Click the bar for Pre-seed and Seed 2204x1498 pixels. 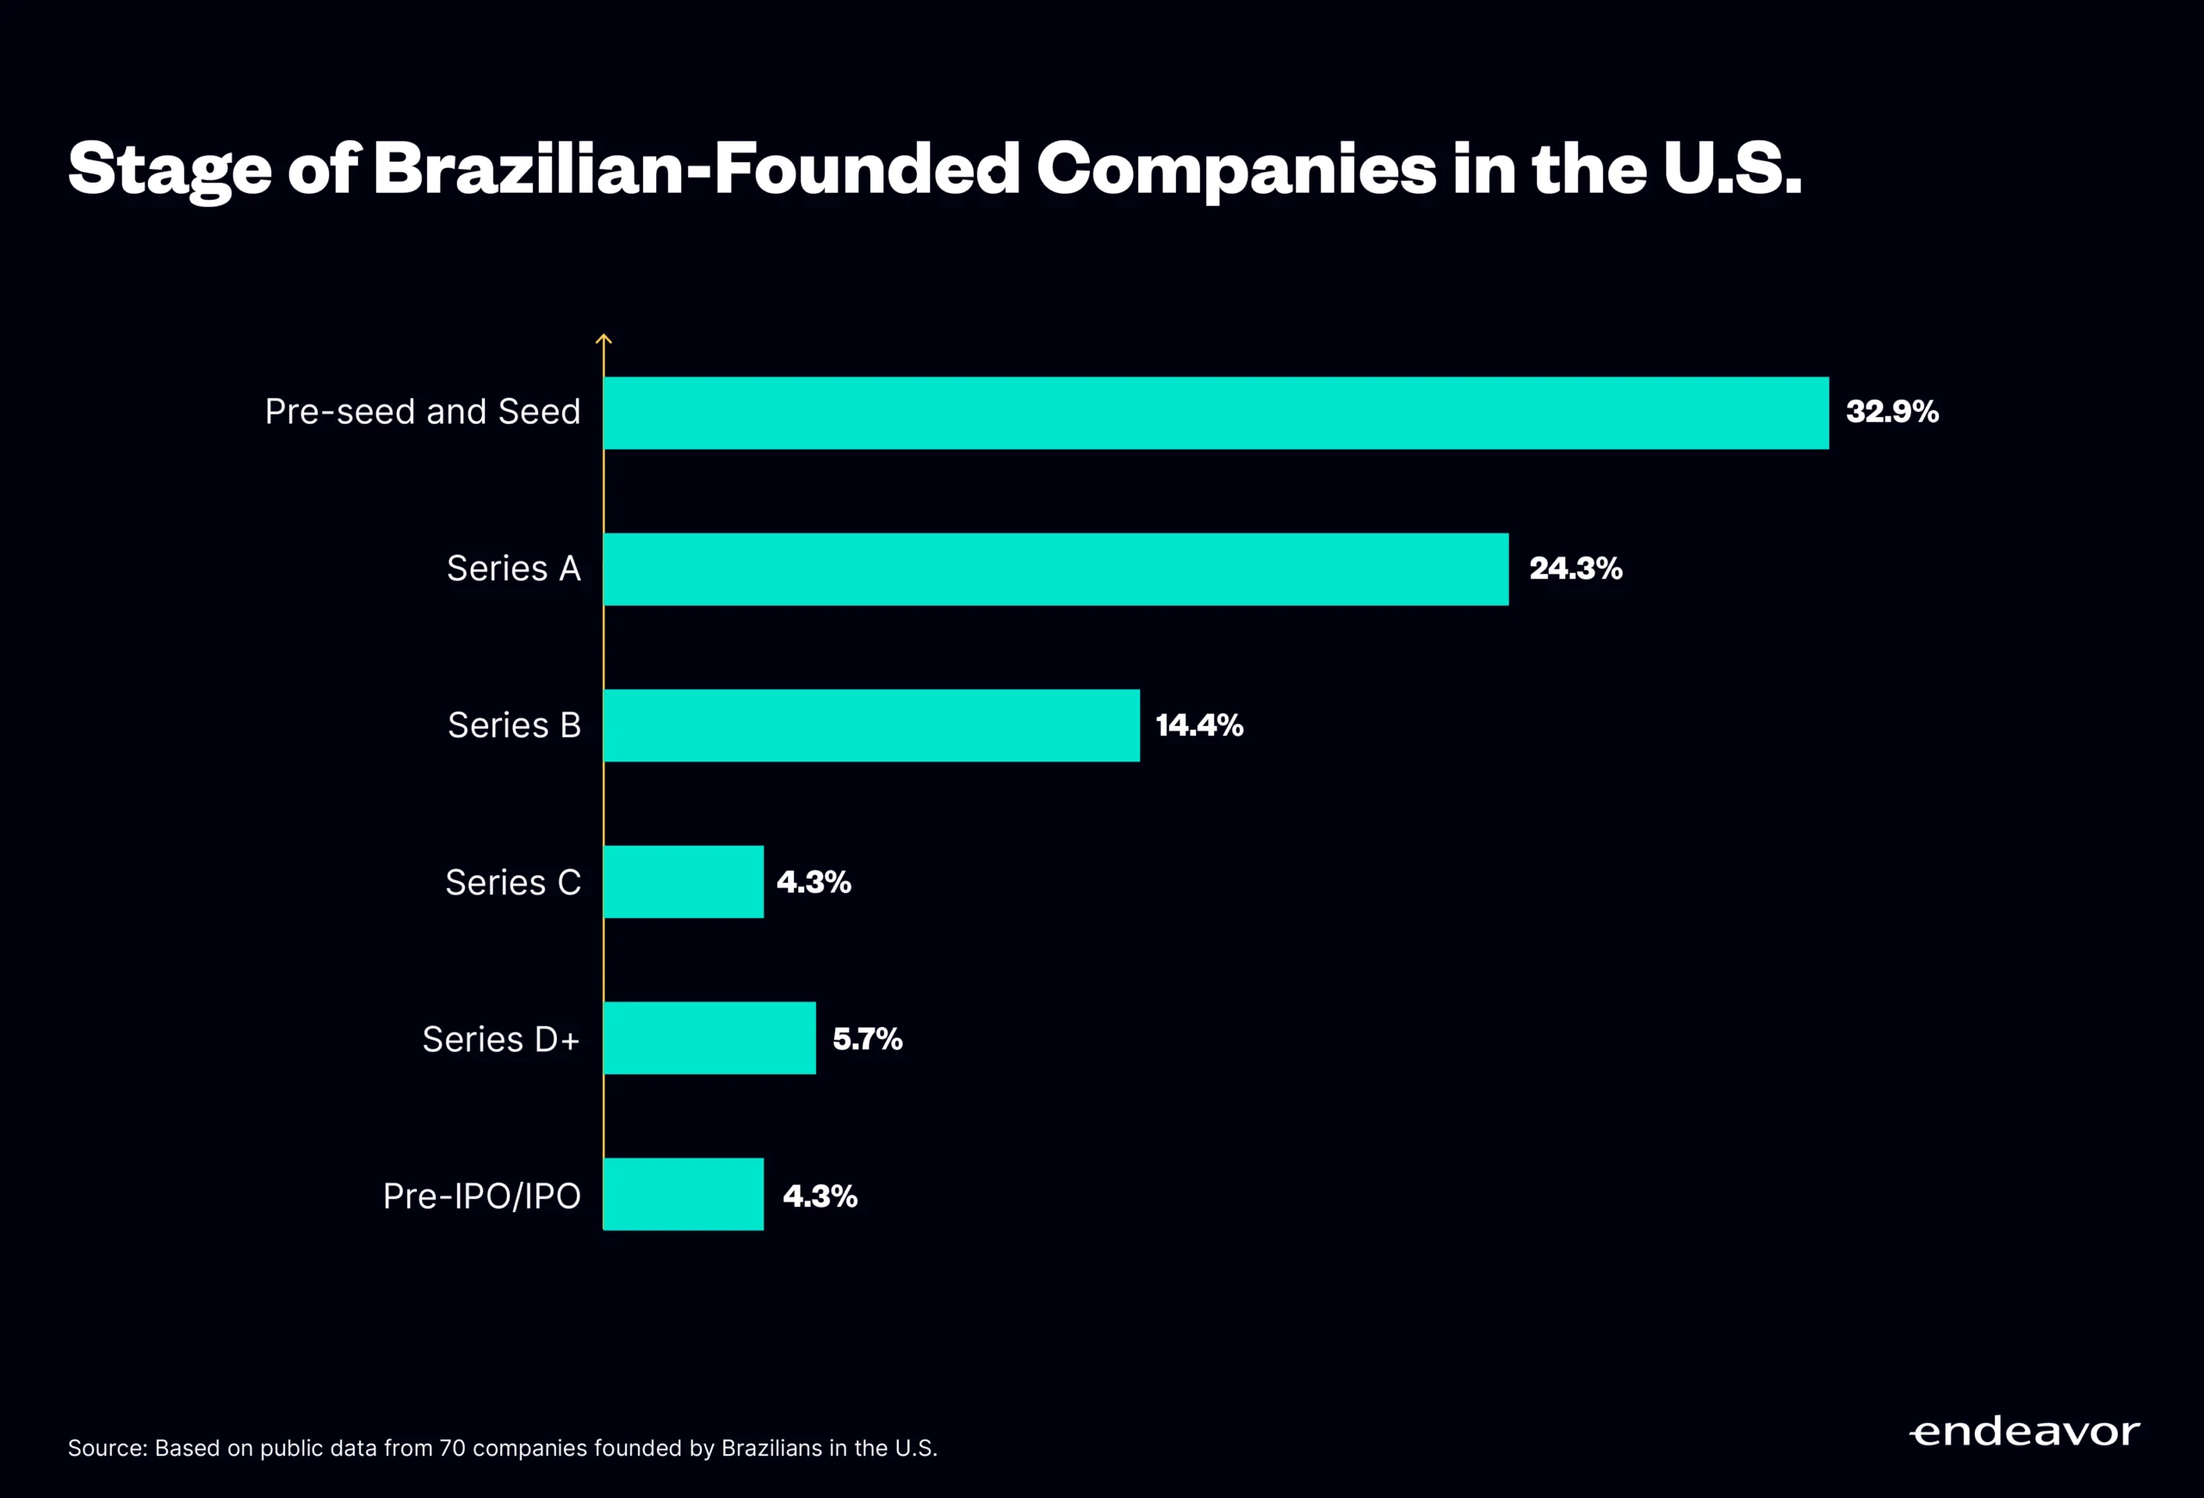pos(1216,413)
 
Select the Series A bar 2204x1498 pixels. pos(1056,569)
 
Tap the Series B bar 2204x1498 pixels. pos(871,726)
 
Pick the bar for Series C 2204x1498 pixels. pos(683,882)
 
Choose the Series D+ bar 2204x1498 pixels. pos(709,1039)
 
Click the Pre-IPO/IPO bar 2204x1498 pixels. pos(683,1195)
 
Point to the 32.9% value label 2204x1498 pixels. pos(1892,412)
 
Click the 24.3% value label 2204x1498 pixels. pos(1576,569)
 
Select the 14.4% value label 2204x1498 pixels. pos(1198,726)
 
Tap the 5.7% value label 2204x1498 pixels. pos(867,1039)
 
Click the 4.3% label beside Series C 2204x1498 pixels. pos(814,882)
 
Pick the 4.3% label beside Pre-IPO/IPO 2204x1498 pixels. pos(820,1197)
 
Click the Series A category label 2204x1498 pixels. pos(513,569)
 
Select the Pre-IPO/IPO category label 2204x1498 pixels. pos(482,1197)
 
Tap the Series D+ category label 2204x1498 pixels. pos(501,1040)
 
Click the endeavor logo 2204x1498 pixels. pos(2024,1431)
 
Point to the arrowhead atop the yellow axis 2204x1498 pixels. pos(604,338)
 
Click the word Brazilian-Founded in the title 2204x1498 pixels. pos(696,169)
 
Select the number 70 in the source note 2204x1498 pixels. pos(451,1449)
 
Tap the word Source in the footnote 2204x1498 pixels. pos(106,1449)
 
